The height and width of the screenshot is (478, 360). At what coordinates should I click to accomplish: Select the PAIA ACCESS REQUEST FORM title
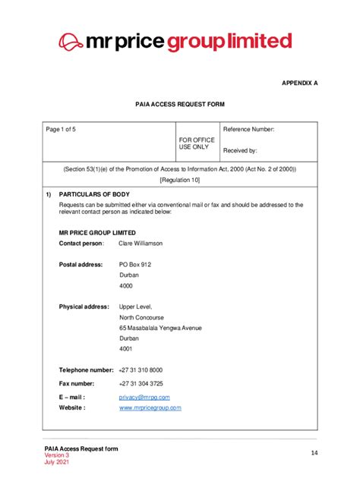tap(179, 104)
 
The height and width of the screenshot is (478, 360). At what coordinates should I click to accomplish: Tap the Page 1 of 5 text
tap(61, 130)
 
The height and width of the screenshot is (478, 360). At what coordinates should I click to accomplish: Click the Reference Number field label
tap(248, 130)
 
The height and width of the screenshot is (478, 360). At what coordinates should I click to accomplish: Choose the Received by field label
tap(240, 151)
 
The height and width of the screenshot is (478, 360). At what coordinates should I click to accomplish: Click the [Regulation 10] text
tap(180, 180)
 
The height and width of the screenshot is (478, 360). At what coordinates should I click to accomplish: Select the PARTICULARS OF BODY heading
tap(94, 194)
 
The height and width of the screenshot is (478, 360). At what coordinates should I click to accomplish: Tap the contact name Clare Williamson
tap(141, 244)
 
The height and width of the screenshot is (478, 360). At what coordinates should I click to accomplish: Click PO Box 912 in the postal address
tap(135, 264)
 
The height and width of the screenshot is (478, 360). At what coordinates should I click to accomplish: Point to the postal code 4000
tap(126, 285)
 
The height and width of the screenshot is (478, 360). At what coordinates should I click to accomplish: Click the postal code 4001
tap(126, 349)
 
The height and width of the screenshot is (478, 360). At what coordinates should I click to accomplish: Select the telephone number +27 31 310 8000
tap(141, 370)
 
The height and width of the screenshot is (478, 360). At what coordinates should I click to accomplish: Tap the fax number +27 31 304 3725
tap(141, 383)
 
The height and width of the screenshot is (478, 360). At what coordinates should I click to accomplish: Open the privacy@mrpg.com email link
tap(144, 397)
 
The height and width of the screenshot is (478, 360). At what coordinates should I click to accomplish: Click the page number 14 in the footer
tap(314, 453)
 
